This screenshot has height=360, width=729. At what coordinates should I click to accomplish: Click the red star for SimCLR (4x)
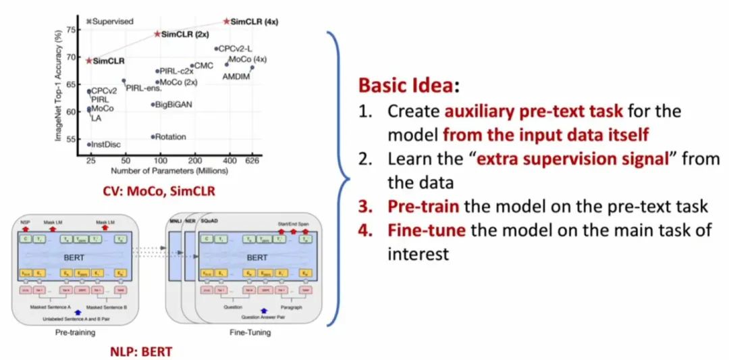pyautogui.click(x=227, y=22)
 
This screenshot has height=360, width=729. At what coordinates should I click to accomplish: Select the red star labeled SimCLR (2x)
pyautogui.click(x=157, y=34)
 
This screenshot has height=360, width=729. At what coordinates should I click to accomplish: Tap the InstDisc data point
pyautogui.click(x=89, y=144)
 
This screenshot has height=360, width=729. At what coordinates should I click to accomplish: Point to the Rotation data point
pyautogui.click(x=153, y=136)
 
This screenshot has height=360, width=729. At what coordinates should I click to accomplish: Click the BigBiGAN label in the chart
pyautogui.click(x=173, y=105)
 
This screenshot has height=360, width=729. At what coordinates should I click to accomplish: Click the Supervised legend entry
pyautogui.click(x=110, y=22)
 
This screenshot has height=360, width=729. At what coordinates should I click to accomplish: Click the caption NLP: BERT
pyautogui.click(x=140, y=351)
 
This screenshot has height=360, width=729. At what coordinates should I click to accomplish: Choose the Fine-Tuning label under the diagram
pyautogui.click(x=249, y=332)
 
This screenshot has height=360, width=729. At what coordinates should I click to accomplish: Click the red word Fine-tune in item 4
pyautogui.click(x=427, y=230)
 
